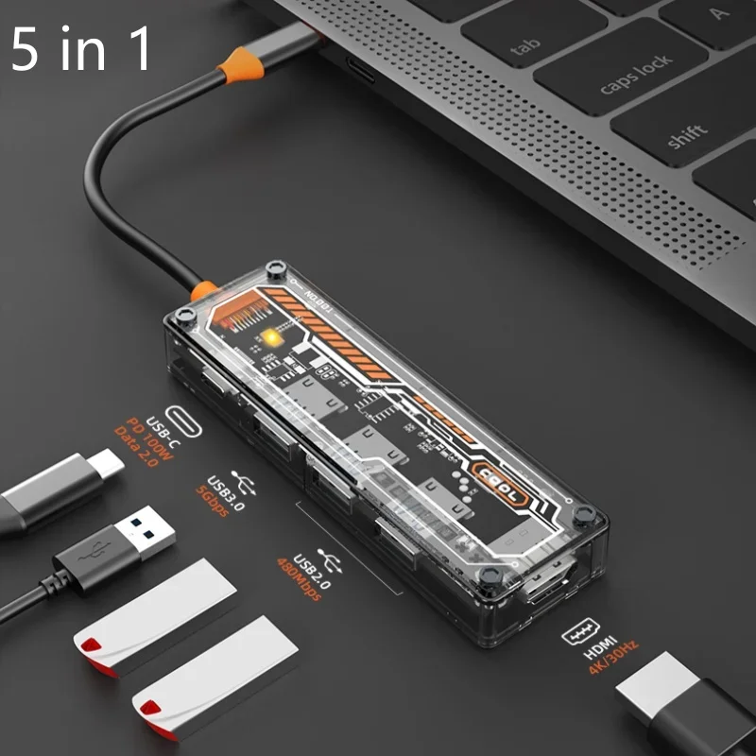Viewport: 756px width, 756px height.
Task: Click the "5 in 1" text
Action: coord(81,50)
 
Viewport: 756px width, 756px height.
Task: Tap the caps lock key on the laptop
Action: coord(636,75)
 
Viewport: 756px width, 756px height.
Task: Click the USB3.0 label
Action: coord(228,492)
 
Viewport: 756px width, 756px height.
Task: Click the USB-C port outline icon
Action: coord(183,419)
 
